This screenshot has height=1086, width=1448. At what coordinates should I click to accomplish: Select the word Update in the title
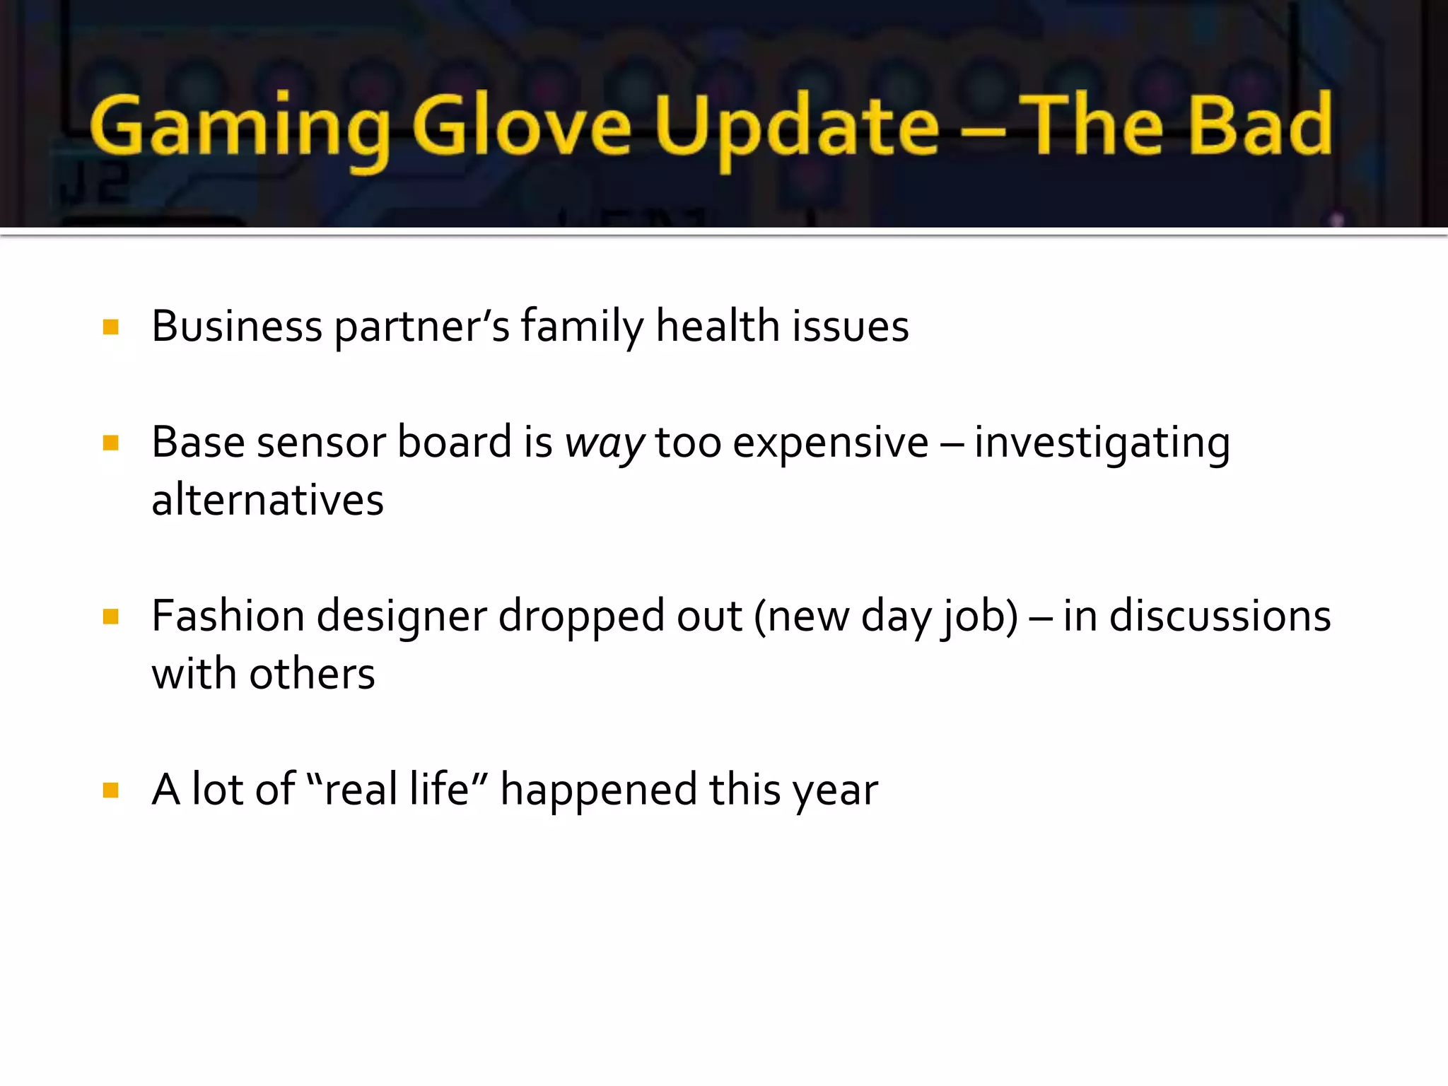(796, 127)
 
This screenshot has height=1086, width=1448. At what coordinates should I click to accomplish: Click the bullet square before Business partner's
(110, 327)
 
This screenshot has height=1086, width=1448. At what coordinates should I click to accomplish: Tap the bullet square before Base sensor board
(110, 443)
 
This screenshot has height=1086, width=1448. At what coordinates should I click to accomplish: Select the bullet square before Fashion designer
(110, 617)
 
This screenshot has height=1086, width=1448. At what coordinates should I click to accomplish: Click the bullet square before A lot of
(110, 790)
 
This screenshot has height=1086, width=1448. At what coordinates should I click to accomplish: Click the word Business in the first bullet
(237, 327)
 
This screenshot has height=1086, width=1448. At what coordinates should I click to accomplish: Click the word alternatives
(267, 501)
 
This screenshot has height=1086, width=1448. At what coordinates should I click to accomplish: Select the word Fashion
(228, 616)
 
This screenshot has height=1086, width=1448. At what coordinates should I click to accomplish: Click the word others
(312, 674)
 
